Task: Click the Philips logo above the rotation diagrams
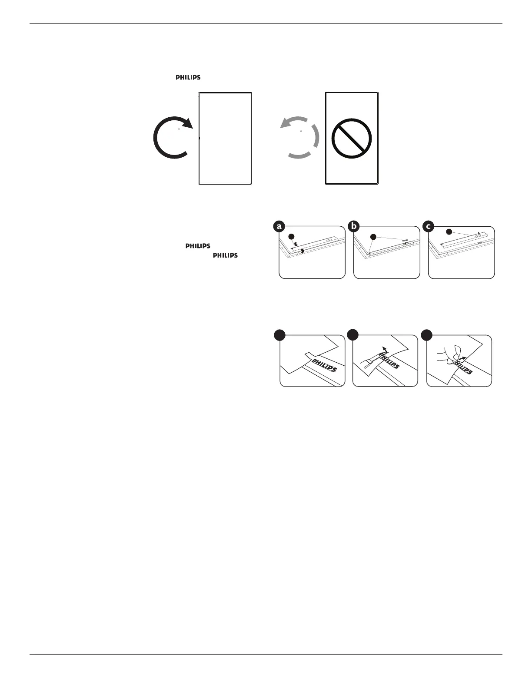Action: (x=188, y=78)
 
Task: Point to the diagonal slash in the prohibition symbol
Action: (x=351, y=139)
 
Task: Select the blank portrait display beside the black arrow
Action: (x=225, y=139)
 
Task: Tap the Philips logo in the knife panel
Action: (x=389, y=360)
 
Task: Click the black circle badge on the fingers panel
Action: (x=428, y=335)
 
